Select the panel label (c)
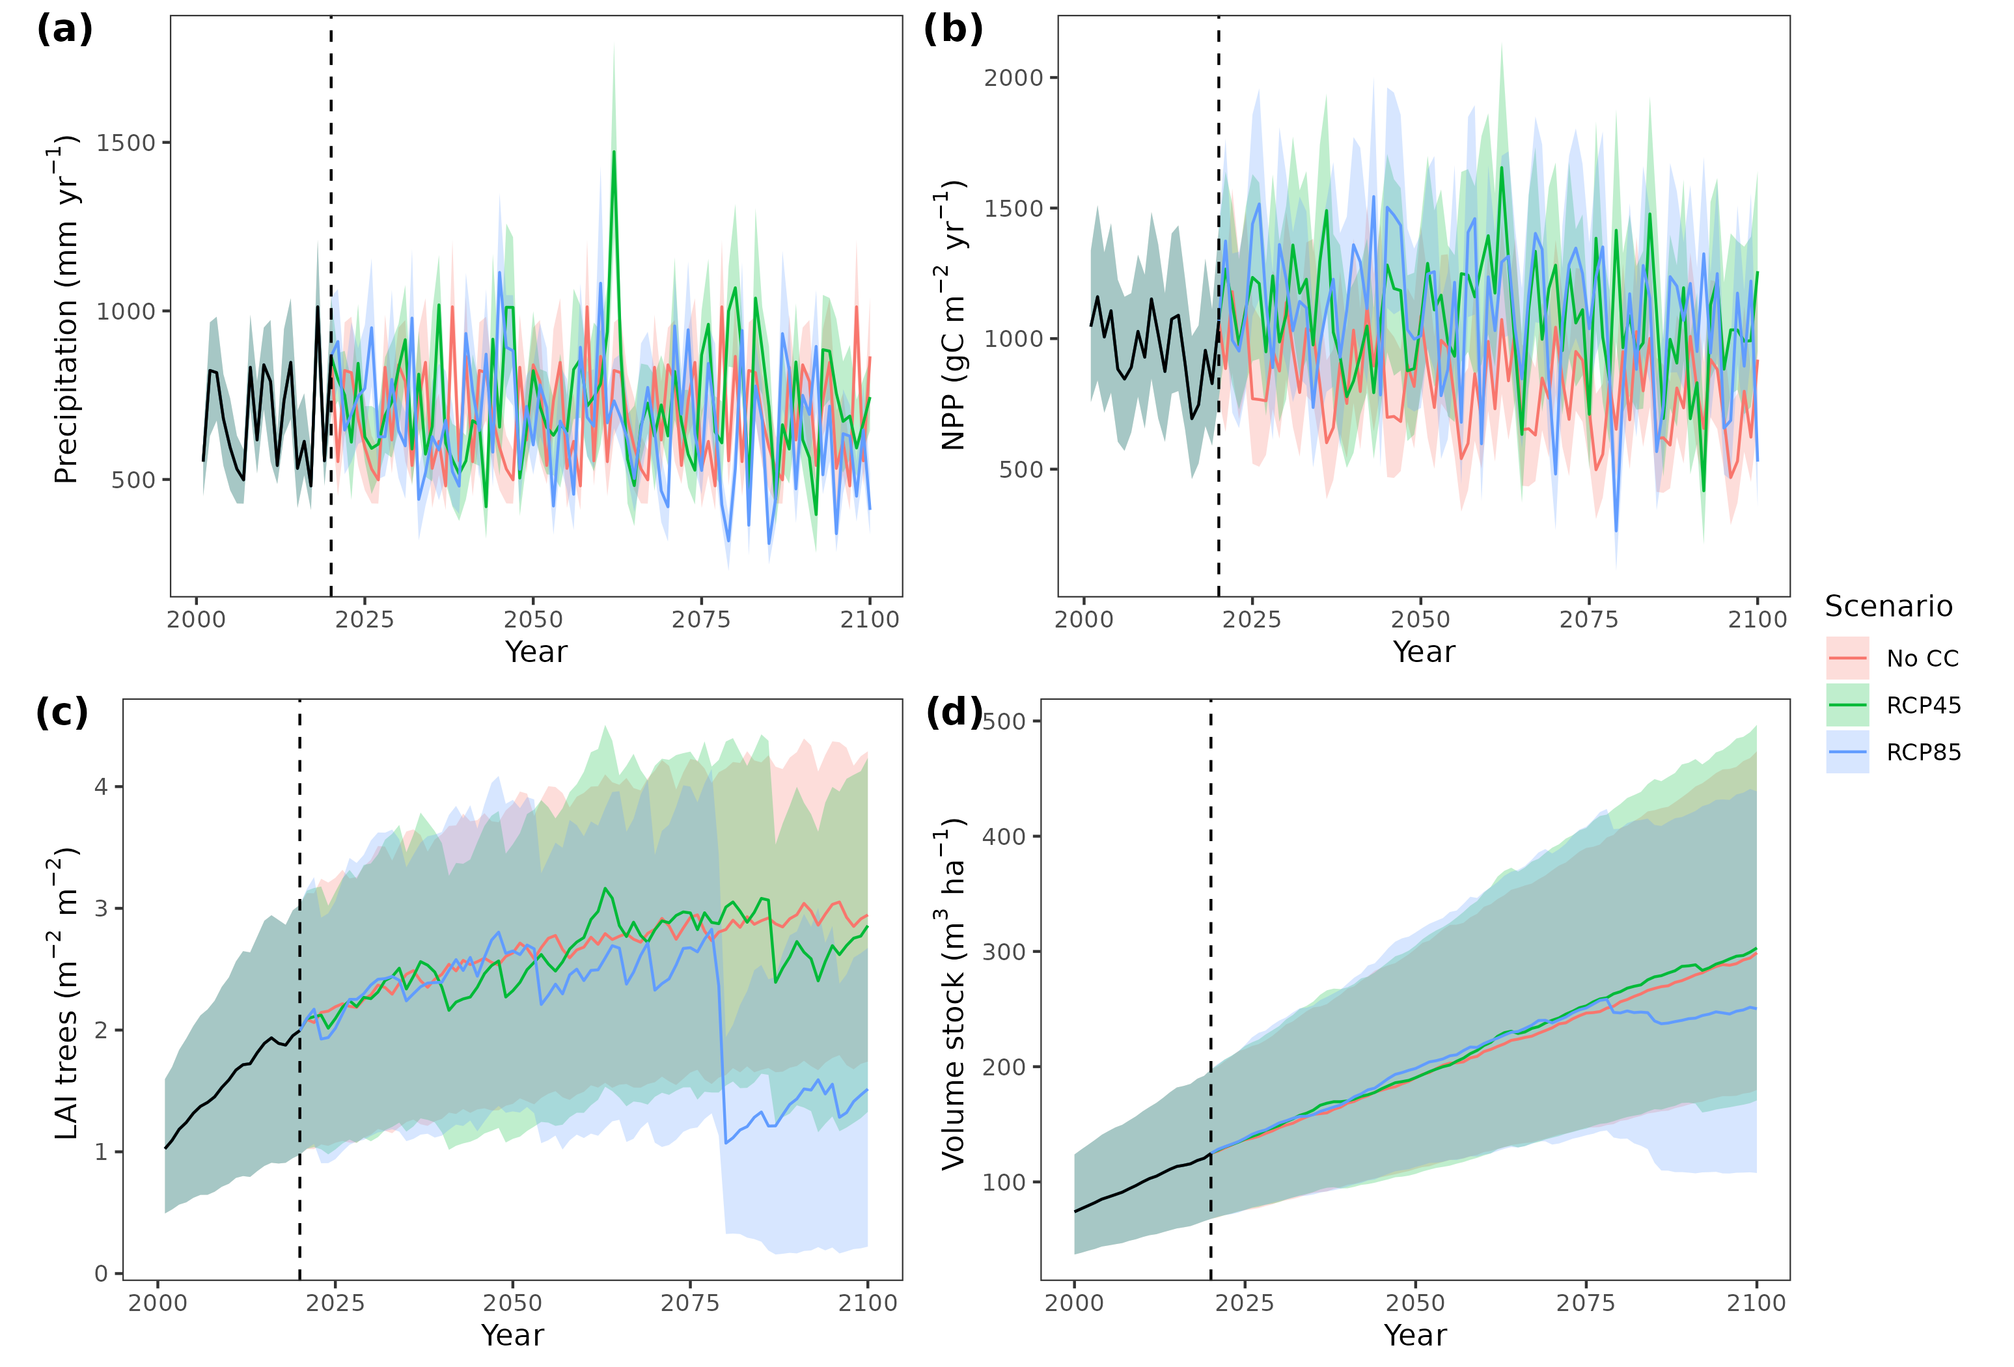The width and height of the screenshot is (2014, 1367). point(62,713)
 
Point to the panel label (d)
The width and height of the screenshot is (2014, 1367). point(953,713)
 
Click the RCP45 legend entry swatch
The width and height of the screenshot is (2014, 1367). point(1847,705)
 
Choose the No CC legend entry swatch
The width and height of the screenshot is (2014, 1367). point(1847,658)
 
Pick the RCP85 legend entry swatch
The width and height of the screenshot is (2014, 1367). point(1847,752)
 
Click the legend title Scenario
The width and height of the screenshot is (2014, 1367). point(1888,606)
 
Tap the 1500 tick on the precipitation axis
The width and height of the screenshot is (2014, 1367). point(125,143)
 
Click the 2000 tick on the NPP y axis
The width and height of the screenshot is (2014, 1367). point(1013,78)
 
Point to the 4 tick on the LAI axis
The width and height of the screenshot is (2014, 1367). point(102,786)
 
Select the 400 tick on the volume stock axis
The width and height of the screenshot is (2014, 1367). point(1004,836)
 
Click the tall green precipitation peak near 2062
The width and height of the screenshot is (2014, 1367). point(614,152)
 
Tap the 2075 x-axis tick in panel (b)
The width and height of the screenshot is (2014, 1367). point(1588,620)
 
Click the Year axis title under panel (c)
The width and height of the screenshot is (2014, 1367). point(512,1335)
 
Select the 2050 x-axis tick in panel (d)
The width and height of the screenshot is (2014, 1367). point(1415,1303)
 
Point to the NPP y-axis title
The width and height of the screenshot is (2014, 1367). point(953,316)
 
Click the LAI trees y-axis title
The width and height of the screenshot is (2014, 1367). point(66,993)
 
